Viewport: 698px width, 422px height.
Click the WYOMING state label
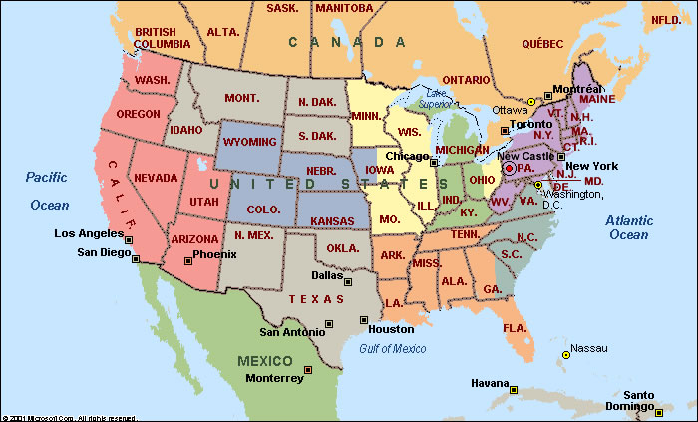point(249,142)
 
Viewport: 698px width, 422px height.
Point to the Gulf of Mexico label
point(391,348)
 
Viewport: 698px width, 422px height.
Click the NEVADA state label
point(157,177)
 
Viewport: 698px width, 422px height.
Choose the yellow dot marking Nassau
point(565,354)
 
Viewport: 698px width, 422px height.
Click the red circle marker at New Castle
point(509,169)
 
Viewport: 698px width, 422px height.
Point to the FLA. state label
point(515,327)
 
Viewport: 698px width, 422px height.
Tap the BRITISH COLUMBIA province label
point(162,38)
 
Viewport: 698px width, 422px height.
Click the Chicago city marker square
point(435,159)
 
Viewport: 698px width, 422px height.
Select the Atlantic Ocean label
point(628,226)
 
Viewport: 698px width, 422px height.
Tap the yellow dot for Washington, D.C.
point(538,185)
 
